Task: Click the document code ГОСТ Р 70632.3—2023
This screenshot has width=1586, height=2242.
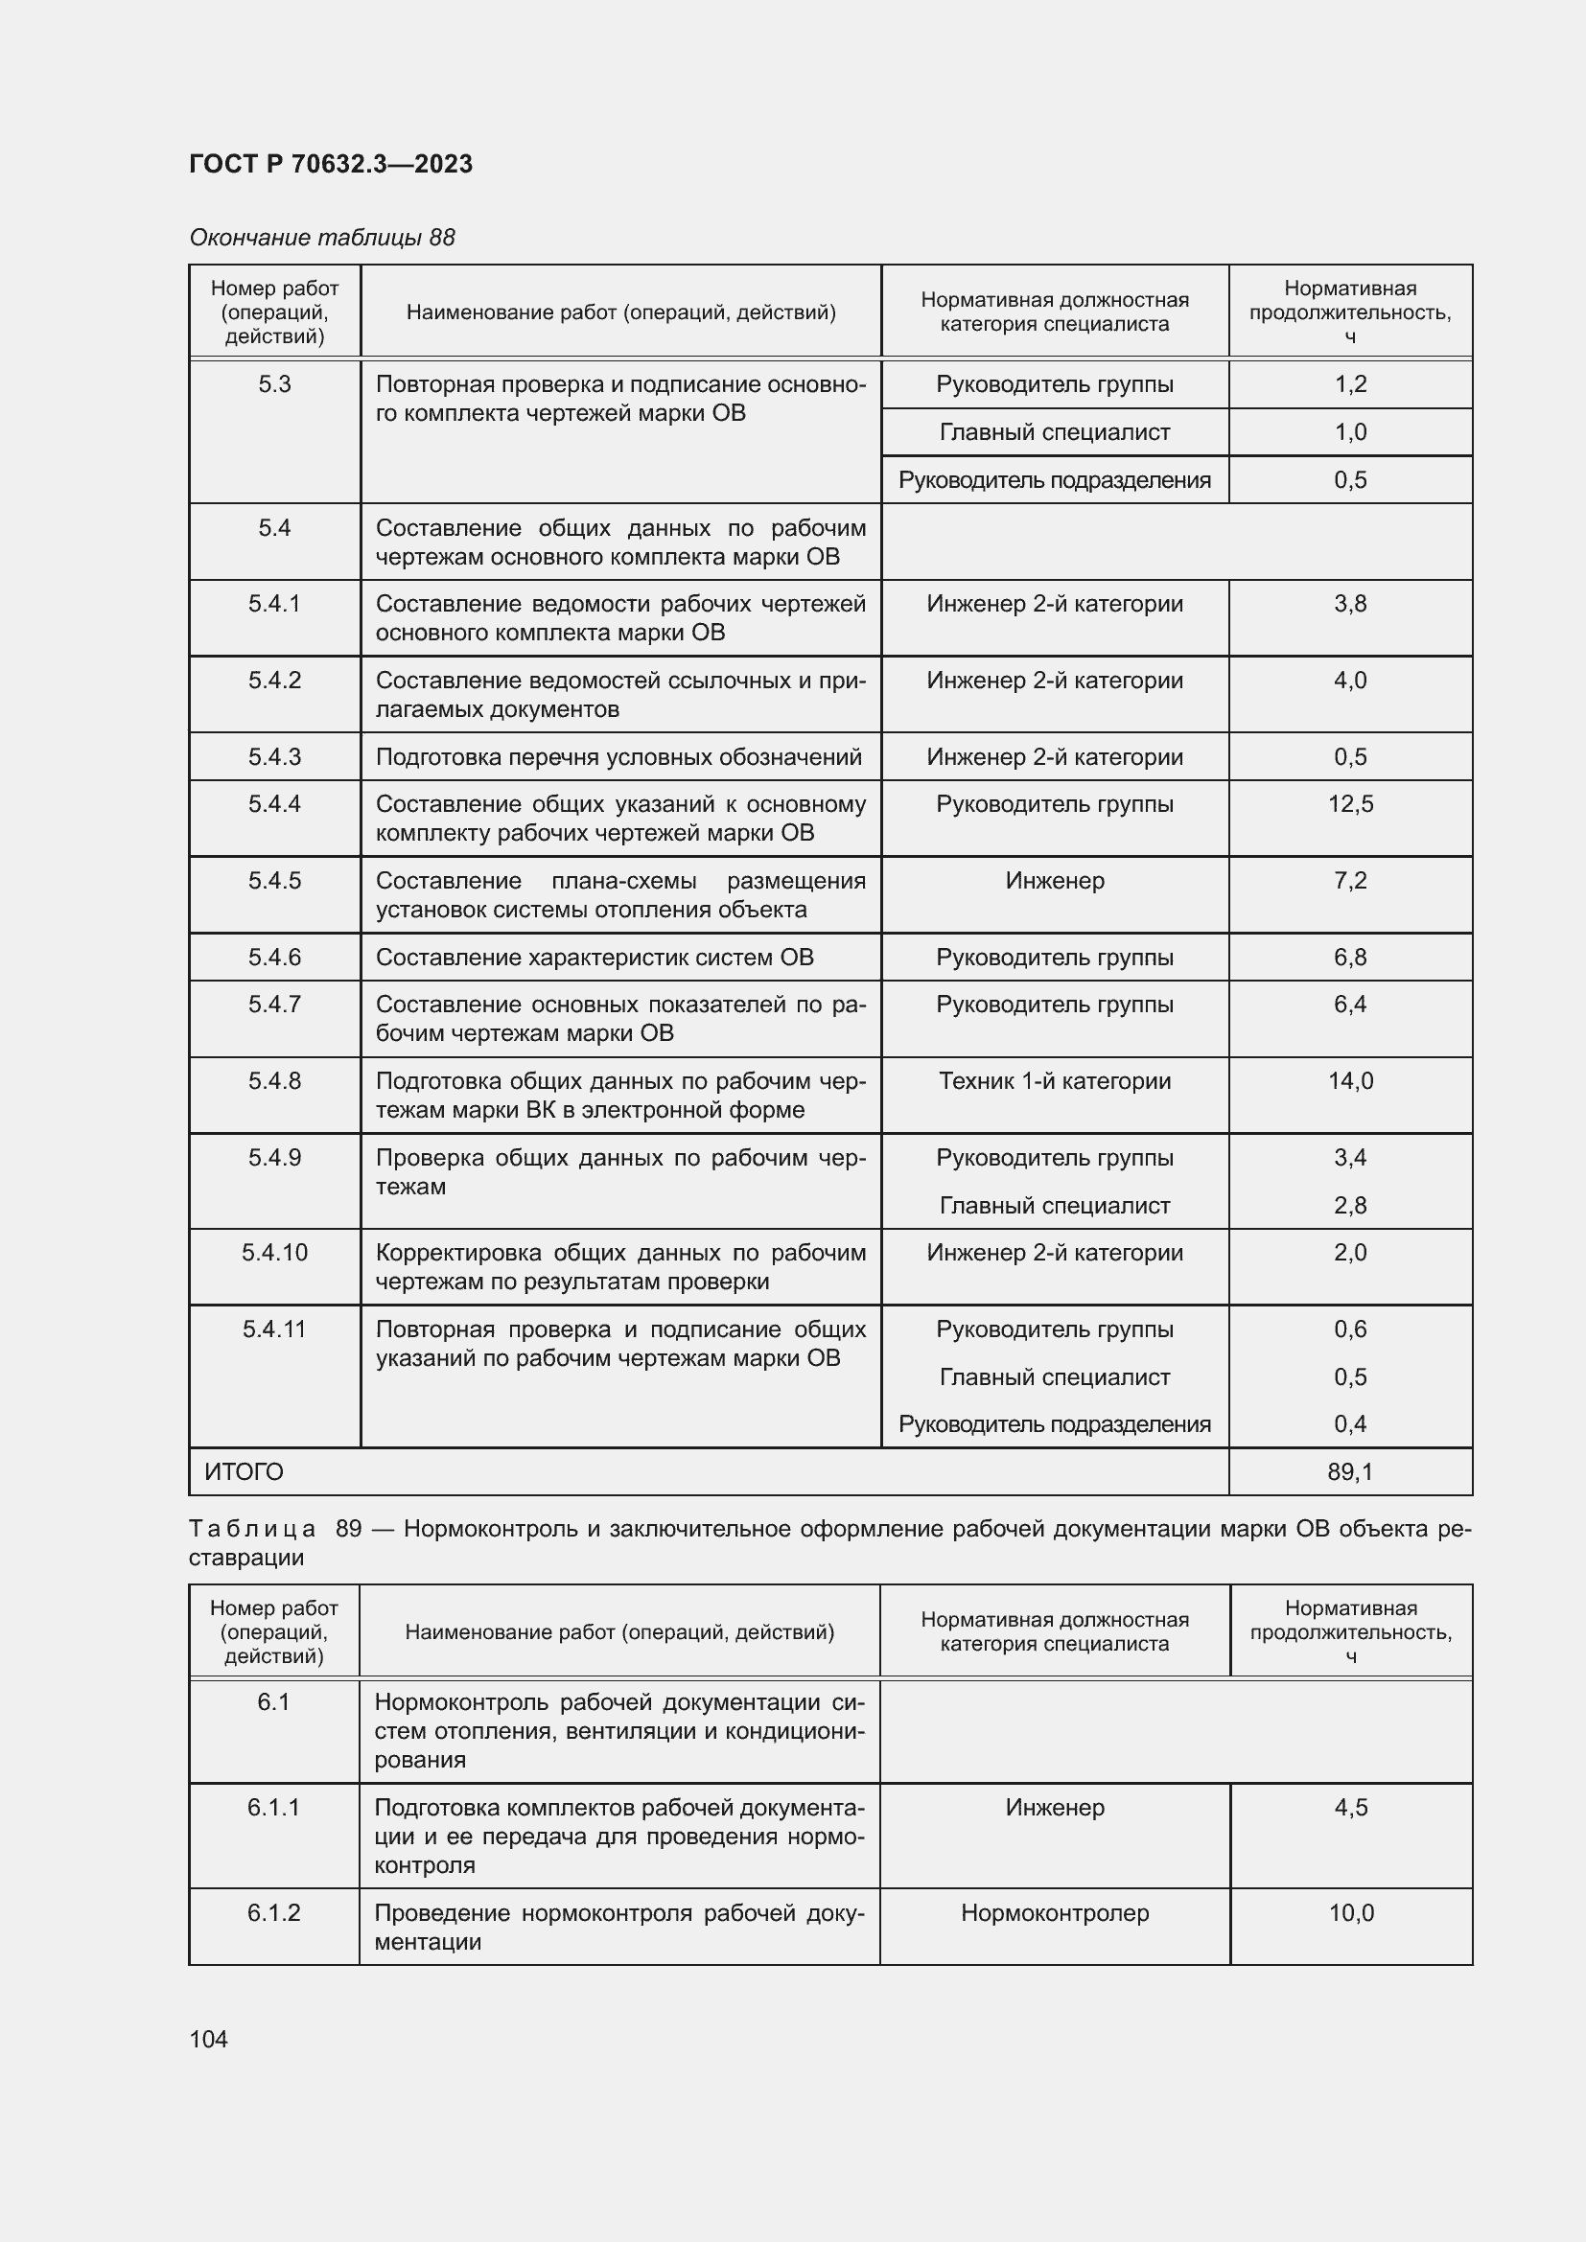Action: click(330, 164)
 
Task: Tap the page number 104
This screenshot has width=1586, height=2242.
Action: click(208, 2039)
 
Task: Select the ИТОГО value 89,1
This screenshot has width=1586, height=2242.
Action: click(1350, 1471)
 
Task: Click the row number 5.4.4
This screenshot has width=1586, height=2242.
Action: click(274, 803)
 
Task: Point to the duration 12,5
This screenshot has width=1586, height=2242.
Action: click(1350, 803)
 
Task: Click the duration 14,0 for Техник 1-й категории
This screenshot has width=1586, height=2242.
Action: click(1350, 1081)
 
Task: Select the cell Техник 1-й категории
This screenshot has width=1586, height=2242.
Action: click(1055, 1081)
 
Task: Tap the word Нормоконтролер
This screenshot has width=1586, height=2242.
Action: click(1055, 1913)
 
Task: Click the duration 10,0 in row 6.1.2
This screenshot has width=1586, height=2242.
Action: click(1351, 1913)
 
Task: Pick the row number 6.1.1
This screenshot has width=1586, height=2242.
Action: click(273, 1808)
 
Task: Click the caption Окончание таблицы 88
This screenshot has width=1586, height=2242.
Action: click(322, 238)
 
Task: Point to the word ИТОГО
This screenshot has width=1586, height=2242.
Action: click(244, 1471)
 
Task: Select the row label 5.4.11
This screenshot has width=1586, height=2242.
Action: click(274, 1329)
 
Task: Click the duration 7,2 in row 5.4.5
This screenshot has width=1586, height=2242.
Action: click(1350, 881)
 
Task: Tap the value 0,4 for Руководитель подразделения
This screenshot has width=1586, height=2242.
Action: click(1350, 1423)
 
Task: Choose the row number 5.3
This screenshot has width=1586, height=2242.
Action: click(274, 384)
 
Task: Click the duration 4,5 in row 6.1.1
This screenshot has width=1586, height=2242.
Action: click(1351, 1808)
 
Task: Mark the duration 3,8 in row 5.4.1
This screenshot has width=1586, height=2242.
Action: click(1350, 604)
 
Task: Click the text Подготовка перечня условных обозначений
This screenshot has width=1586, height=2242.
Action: click(618, 757)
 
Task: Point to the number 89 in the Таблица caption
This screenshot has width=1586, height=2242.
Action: click(349, 1528)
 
